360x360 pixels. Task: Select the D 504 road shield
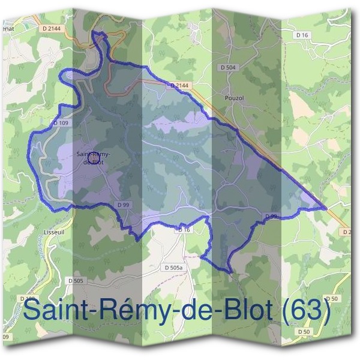tap(228, 68)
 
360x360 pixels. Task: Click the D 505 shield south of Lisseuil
tap(76, 280)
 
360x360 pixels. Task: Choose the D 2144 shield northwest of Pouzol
tap(179, 86)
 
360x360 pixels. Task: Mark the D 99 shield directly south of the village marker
tap(123, 205)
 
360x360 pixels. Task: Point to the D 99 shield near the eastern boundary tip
tap(270, 216)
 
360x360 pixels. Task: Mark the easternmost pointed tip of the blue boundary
tap(326, 208)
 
